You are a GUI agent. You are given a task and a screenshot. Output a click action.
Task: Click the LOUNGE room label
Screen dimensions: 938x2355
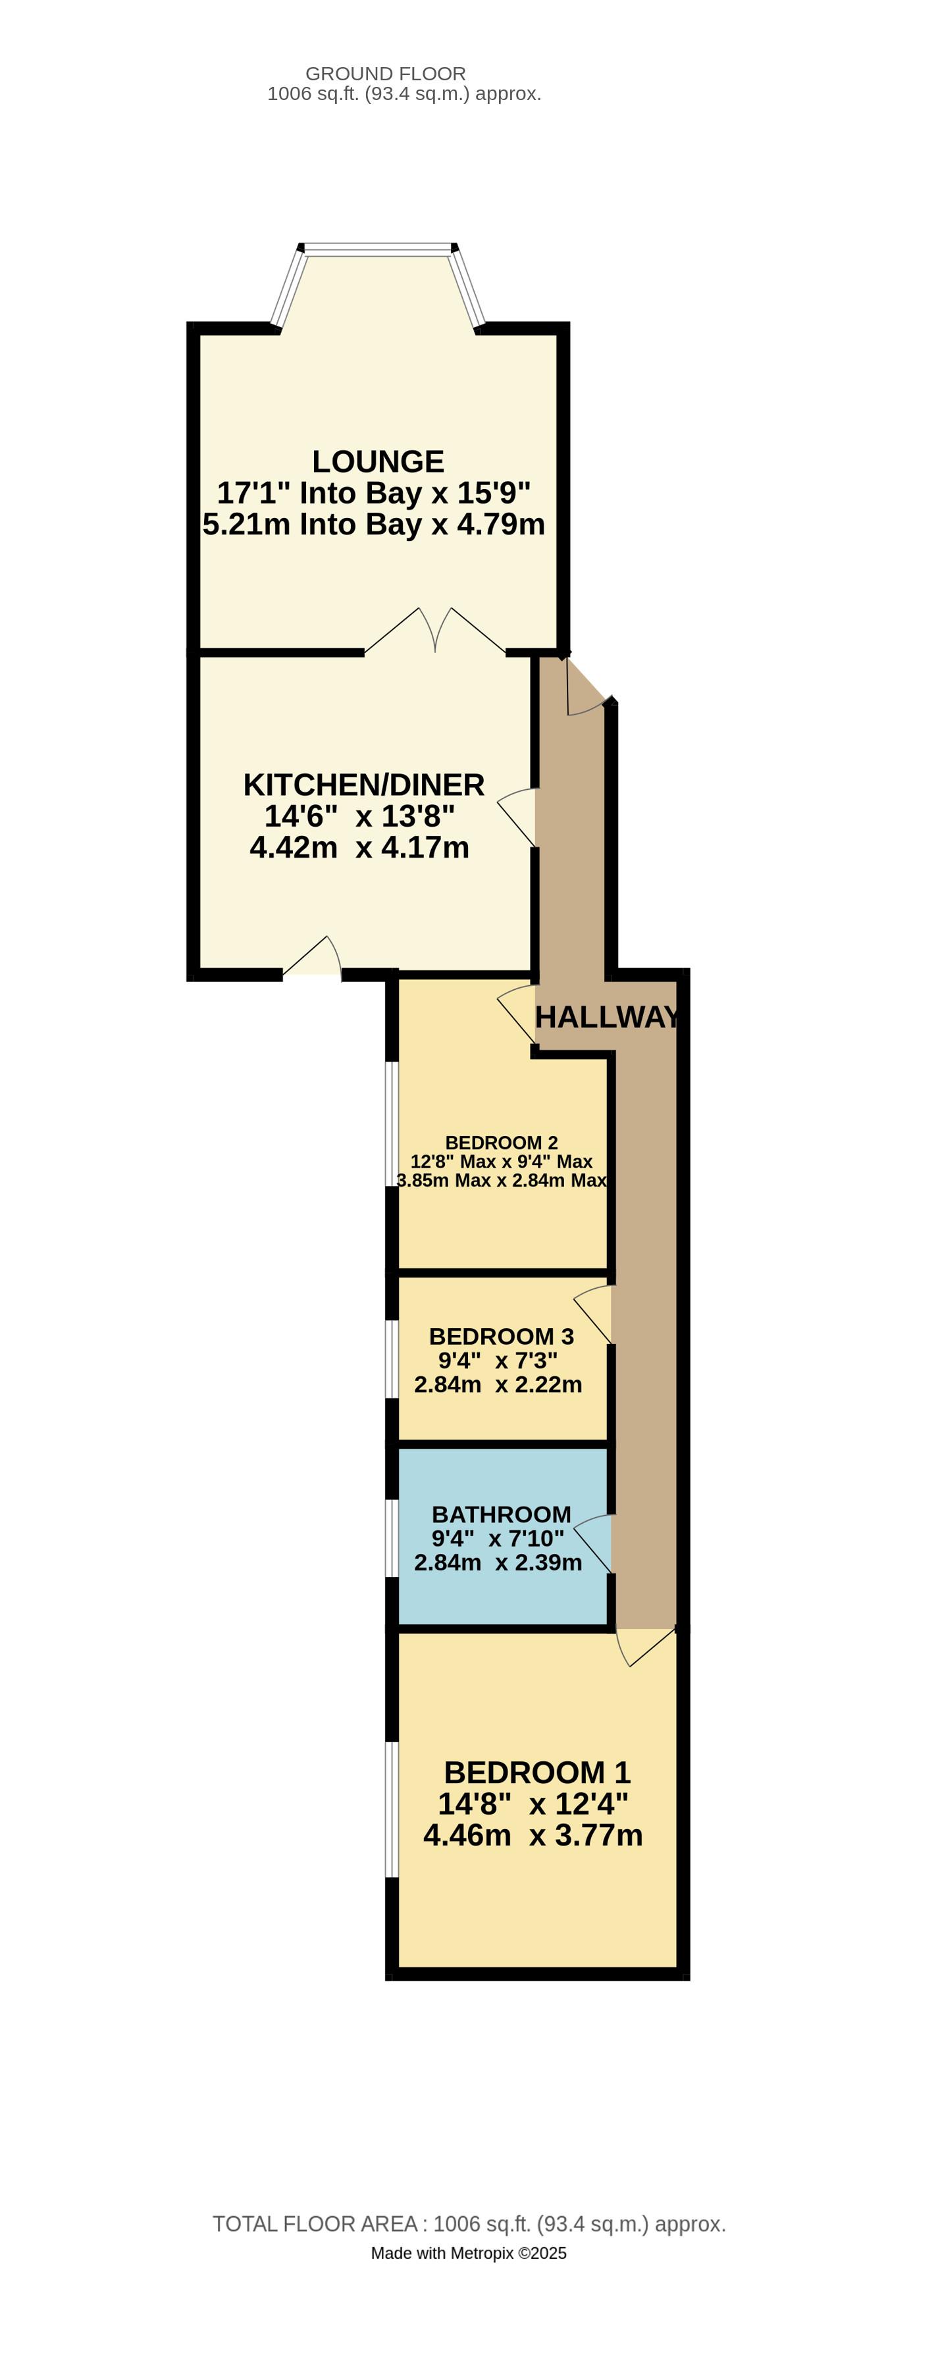(378, 461)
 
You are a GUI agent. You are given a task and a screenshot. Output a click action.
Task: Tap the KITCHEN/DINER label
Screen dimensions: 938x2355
(364, 785)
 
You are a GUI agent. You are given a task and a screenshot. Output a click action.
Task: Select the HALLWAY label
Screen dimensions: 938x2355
(607, 1017)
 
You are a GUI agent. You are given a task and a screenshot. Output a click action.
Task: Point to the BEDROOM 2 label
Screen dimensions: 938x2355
(501, 1143)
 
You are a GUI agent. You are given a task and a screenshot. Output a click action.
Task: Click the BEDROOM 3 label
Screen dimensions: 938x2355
(501, 1337)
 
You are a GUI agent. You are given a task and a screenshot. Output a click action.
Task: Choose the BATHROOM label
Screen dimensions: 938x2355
(501, 1515)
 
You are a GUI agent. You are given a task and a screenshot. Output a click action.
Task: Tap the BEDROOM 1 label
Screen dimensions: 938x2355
(538, 1773)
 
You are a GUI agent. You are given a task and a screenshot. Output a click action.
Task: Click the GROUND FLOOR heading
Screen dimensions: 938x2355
(386, 73)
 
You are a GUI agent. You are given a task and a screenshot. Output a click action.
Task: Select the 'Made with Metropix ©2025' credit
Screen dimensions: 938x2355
(469, 2254)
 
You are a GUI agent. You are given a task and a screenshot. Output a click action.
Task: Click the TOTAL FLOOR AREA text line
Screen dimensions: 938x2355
(469, 2224)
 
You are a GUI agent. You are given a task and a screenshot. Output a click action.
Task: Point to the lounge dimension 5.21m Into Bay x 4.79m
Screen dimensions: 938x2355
(374, 525)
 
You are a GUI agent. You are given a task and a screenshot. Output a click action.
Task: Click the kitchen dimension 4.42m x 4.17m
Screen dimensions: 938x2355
(359, 848)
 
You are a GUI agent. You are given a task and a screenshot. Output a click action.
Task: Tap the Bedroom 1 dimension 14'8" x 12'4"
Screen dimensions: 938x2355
(533, 1803)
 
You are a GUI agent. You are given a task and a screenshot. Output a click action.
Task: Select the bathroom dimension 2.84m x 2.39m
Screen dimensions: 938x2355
(498, 1563)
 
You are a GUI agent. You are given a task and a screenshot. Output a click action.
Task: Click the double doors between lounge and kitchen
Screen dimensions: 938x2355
(435, 631)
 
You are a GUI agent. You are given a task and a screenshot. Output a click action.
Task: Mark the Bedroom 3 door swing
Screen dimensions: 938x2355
(592, 1314)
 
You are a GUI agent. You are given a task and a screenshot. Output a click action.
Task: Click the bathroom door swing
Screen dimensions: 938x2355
(592, 1544)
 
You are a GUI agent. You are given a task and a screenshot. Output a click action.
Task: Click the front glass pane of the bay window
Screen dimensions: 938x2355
(378, 247)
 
